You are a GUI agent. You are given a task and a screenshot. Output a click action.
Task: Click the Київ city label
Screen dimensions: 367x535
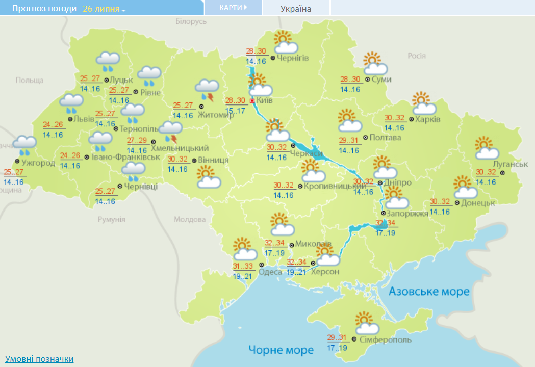[x=264, y=100]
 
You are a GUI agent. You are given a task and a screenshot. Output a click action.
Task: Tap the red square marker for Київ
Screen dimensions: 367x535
[x=252, y=101]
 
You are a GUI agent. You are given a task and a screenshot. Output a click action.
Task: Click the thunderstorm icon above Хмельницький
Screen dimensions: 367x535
[x=170, y=132]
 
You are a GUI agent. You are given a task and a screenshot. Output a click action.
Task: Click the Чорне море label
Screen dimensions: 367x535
[x=281, y=350]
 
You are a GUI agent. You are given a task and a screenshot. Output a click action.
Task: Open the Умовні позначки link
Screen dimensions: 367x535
[x=39, y=359]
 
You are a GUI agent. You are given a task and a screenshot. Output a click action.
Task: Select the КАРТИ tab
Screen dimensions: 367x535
[x=233, y=8]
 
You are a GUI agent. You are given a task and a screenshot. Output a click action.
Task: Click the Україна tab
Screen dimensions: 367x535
[x=296, y=8]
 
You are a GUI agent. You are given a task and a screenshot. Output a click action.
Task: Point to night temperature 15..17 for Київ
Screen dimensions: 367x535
[x=236, y=110]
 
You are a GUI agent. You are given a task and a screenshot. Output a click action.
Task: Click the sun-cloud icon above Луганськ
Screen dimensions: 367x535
[x=487, y=148]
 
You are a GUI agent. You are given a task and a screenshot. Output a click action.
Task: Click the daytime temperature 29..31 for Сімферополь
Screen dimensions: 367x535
[x=337, y=338]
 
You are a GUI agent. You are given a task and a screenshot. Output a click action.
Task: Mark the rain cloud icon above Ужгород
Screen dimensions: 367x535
[x=24, y=145]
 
